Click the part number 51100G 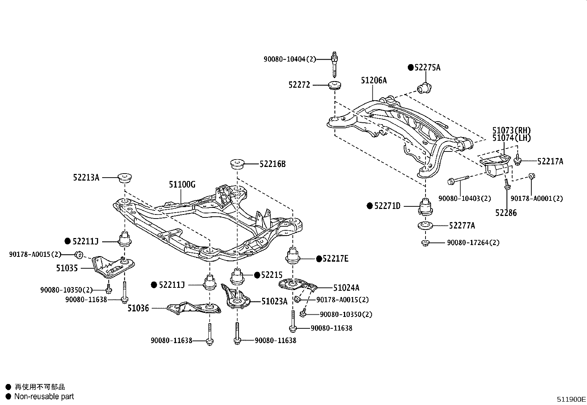pos(182,184)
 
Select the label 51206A pos(374,80)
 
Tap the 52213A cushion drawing pos(124,178)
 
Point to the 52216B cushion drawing pos(237,164)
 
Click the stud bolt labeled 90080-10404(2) pos(334,64)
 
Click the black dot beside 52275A pos(411,67)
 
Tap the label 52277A pos(462,226)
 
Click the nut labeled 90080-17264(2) pos(425,243)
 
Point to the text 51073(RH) pos(511,130)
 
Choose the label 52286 pos(506,213)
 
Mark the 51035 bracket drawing pos(113,267)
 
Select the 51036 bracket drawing pos(194,308)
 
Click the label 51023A pos(274,301)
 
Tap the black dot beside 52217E pos(319,259)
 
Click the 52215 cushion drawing pos(237,277)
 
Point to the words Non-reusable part pos(44,397)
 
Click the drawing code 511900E pos(571,399)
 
